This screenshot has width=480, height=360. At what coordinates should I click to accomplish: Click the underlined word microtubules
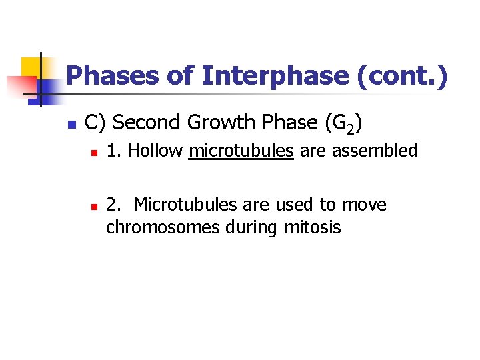point(241,151)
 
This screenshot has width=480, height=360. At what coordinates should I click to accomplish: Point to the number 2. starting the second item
point(113,205)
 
